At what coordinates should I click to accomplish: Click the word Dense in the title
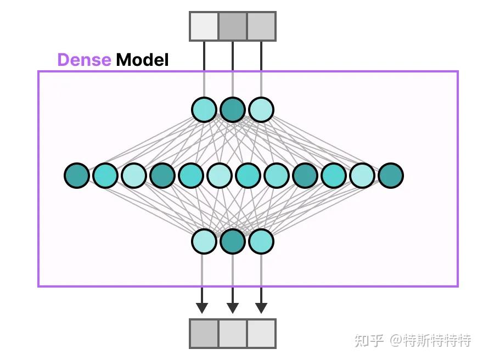click(84, 59)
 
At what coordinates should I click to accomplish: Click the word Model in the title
click(142, 59)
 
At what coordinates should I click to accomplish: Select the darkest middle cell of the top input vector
click(233, 26)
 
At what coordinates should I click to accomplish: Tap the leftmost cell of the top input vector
click(204, 26)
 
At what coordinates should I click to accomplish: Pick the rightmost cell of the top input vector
click(261, 26)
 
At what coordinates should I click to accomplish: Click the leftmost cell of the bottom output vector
click(204, 333)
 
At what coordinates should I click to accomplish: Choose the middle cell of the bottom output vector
click(233, 333)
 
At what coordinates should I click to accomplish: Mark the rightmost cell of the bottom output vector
click(261, 333)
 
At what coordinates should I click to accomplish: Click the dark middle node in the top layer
click(233, 109)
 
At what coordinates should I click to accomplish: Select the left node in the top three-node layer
click(204, 109)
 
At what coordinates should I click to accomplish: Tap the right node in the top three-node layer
click(261, 109)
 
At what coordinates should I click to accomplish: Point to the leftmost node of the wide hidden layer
click(77, 176)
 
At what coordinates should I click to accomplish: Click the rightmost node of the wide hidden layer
click(391, 176)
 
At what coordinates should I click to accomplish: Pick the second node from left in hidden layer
click(105, 176)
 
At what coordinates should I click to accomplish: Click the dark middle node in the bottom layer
click(233, 241)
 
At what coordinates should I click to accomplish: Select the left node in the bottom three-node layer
click(204, 241)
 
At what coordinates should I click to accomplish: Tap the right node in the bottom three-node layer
click(261, 241)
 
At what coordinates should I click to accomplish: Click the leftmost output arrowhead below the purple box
click(202, 307)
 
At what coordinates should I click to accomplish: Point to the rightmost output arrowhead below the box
click(261, 307)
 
